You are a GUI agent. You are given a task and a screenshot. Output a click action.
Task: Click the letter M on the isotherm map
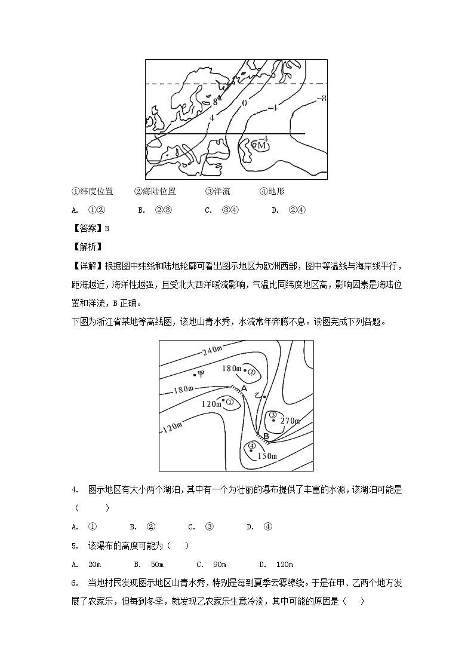pos(261,145)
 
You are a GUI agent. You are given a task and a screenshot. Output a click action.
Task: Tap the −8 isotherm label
pos(321,99)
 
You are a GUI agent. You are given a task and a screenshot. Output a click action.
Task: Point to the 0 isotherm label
pos(244,103)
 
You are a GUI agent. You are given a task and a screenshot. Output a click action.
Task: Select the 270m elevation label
pos(289,421)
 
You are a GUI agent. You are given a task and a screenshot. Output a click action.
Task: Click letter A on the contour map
pos(243,388)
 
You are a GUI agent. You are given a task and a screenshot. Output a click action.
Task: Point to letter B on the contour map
pos(266,437)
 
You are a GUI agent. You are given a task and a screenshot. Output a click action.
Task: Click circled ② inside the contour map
pos(251,372)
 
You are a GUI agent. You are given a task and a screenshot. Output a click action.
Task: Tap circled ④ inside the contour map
pos(252,446)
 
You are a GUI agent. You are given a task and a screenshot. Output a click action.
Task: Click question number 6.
pos(75,583)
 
